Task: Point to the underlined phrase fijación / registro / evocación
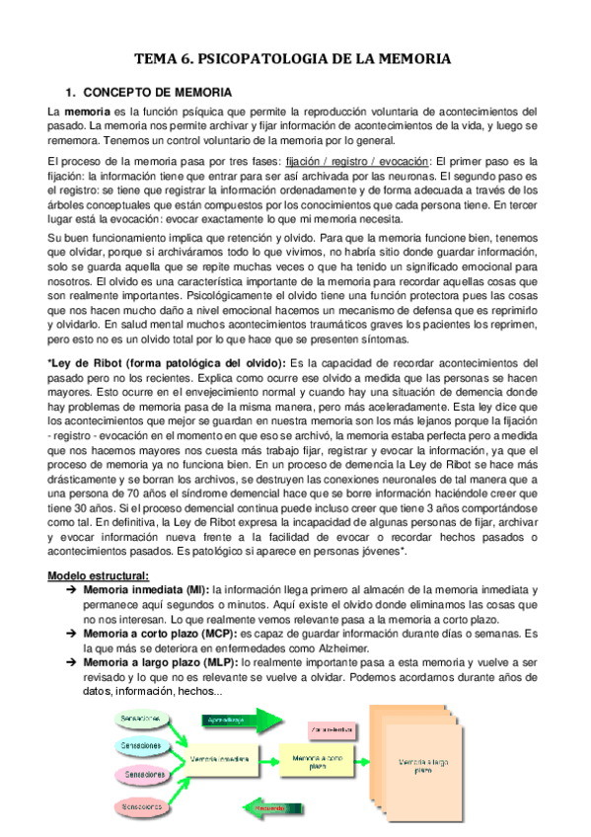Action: [x=357, y=161]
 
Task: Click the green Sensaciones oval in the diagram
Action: [x=138, y=718]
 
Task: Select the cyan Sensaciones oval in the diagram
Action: [x=138, y=746]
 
